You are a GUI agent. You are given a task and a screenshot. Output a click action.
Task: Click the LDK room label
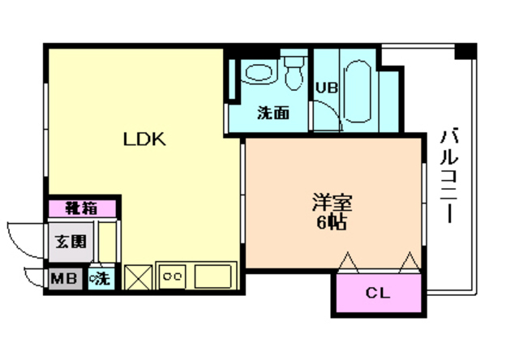coord(144,139)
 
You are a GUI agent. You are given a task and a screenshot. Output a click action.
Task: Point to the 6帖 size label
coord(332,222)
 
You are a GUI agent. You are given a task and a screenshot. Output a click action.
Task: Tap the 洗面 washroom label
coord(273,113)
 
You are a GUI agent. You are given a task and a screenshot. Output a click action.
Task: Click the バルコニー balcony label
coord(446,174)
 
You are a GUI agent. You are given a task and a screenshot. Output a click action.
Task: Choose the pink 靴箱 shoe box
coord(82,208)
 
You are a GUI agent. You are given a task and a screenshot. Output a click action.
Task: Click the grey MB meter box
coord(65,279)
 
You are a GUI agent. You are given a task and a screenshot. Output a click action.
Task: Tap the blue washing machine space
coord(102,279)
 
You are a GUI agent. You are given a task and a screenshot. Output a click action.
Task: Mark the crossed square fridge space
coord(137,276)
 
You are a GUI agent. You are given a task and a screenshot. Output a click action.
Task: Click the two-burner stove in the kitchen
coord(172,276)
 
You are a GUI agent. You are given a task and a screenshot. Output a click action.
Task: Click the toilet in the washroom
coord(294,71)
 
